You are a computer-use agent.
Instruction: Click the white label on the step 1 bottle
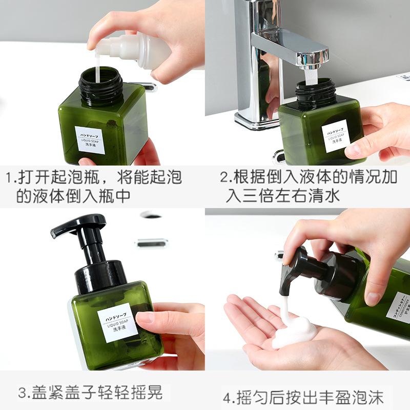tap(90, 139)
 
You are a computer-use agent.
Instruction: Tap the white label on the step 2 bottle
tap(336, 135)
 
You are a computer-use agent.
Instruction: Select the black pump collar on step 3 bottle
tap(100, 277)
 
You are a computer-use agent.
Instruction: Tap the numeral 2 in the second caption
tap(224, 178)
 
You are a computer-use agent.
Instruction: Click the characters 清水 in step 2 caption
tap(325, 196)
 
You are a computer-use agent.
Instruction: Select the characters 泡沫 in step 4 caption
tap(370, 397)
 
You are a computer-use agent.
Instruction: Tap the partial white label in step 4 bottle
tap(398, 307)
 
